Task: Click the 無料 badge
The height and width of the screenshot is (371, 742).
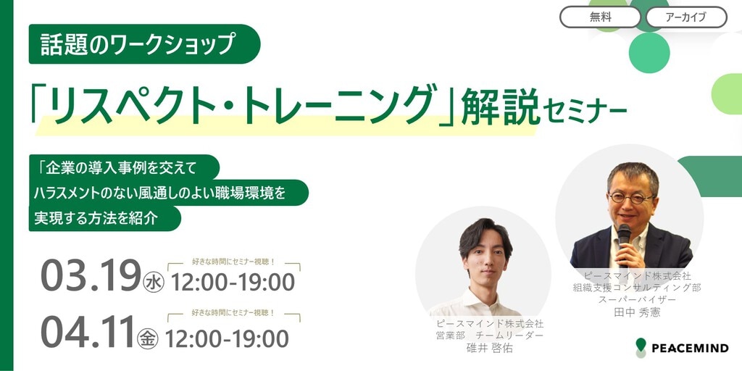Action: pyautogui.click(x=600, y=17)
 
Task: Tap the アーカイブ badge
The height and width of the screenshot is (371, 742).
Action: pyautogui.click(x=686, y=17)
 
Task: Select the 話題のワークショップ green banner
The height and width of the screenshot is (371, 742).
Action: pyautogui.click(x=144, y=44)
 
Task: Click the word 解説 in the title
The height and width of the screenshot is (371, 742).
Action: pyautogui.click(x=500, y=107)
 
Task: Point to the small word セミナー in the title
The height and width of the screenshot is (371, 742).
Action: pyautogui.click(x=585, y=112)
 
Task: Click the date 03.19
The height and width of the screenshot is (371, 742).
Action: pyautogui.click(x=91, y=275)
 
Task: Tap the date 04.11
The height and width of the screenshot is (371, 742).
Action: pyautogui.click(x=88, y=331)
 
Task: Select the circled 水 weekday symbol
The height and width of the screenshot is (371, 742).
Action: pyautogui.click(x=154, y=283)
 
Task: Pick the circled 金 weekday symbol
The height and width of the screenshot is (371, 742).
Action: pyautogui.click(x=148, y=339)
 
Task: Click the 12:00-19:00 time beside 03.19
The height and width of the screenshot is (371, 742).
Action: pyautogui.click(x=233, y=283)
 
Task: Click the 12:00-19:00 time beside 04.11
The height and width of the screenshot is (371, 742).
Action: pyautogui.click(x=227, y=338)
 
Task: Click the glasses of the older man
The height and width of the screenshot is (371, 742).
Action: pyautogui.click(x=631, y=198)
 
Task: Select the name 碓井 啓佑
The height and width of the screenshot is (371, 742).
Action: pyautogui.click(x=489, y=349)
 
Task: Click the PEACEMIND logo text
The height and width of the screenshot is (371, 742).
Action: pyautogui.click(x=690, y=349)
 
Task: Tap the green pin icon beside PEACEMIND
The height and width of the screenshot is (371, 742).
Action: pyautogui.click(x=641, y=347)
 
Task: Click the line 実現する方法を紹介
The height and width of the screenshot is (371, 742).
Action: pyautogui.click(x=96, y=219)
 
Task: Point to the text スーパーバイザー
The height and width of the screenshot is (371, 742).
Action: pyautogui.click(x=636, y=299)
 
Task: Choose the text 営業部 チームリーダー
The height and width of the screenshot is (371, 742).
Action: pyautogui.click(x=490, y=335)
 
